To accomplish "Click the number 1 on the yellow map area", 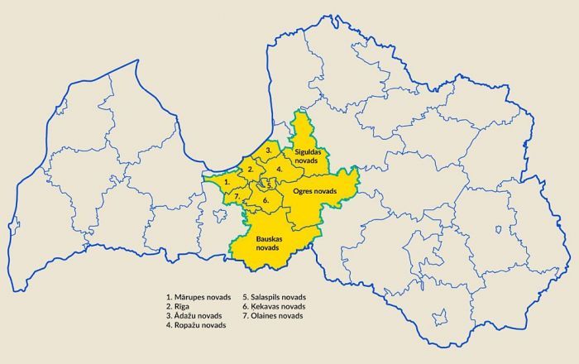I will pos(216,180).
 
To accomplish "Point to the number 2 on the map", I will pos(251,170).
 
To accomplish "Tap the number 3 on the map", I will pos(269,150).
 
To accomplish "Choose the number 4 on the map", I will pos(280,169).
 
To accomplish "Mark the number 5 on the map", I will pos(270,186).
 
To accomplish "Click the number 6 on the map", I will pos(266,200).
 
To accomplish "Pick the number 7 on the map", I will pos(237,196).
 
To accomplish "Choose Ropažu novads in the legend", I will pos(195,326).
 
